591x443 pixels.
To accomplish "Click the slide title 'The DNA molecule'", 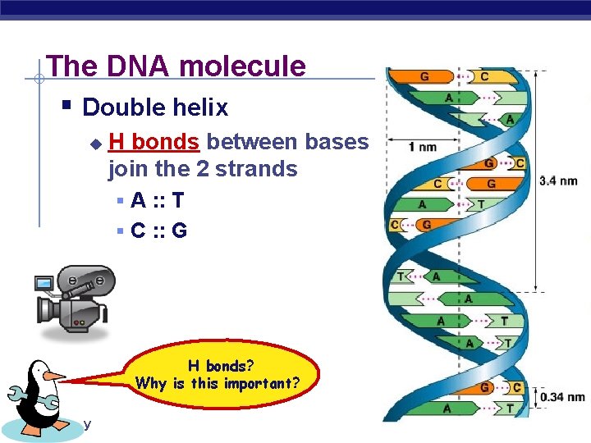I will coord(176,66).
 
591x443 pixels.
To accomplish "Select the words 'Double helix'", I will coord(155,107).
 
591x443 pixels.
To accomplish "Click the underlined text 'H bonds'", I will coord(153,142).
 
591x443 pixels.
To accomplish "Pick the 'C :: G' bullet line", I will coord(158,231).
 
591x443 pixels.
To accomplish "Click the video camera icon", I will coord(74,295).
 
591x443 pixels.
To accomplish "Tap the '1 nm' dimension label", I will coord(422,147).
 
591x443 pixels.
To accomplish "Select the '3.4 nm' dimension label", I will coord(558,180).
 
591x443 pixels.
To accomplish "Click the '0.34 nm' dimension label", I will coord(562,398).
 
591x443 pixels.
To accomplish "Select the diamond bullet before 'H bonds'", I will coord(94,144).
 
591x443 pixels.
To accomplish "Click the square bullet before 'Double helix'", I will coord(67,106).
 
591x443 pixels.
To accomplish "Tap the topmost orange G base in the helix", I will coord(424,77).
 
